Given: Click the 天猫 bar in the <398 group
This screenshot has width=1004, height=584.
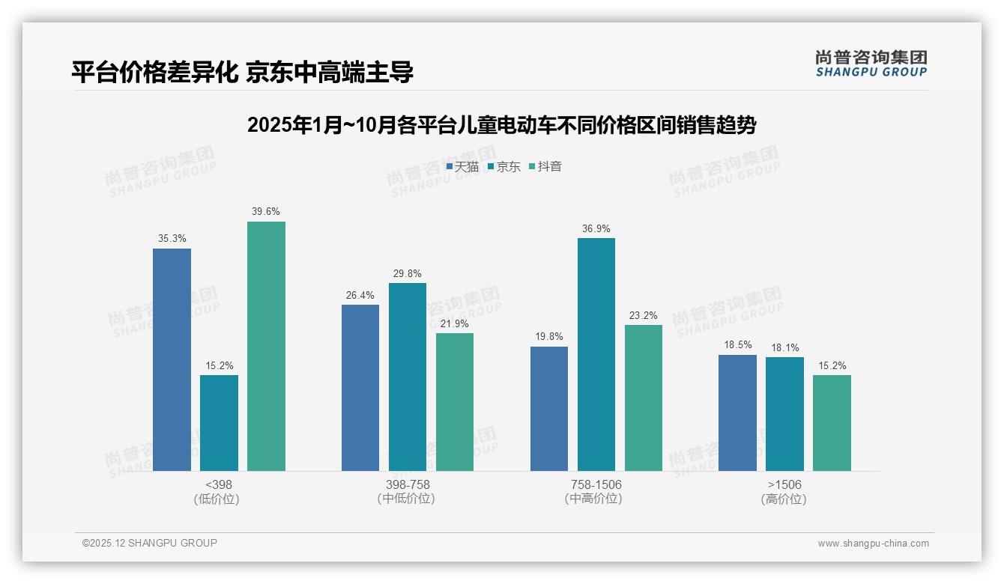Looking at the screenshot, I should click(172, 359).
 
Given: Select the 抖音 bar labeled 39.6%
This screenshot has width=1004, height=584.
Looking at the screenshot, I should click(266, 346).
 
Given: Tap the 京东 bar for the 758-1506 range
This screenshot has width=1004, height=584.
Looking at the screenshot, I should click(596, 354).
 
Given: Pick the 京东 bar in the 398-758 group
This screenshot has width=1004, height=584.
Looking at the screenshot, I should click(407, 377).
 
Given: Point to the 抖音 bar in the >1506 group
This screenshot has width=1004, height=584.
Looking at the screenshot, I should click(832, 423).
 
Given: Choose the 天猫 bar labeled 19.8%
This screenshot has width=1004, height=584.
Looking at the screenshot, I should click(549, 409).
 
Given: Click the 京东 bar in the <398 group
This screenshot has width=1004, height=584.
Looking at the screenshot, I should click(219, 423).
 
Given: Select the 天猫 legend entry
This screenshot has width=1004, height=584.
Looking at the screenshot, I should click(463, 167).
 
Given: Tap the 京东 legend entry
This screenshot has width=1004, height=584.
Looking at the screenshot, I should click(504, 167).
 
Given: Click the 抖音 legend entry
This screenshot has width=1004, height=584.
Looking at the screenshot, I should click(545, 167).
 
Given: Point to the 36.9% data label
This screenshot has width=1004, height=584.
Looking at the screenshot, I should click(596, 229).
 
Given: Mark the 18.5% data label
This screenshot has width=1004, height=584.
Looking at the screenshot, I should click(738, 345).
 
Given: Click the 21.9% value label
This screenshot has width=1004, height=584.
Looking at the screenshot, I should click(455, 323).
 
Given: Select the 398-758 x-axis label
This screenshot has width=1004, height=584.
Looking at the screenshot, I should click(408, 484).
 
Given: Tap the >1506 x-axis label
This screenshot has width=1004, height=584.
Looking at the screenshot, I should click(784, 484).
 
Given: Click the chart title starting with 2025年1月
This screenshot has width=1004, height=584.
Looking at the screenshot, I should click(501, 125).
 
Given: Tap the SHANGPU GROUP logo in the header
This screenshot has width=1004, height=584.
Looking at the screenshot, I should click(871, 64).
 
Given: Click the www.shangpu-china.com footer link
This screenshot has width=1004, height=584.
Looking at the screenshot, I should click(873, 544).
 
